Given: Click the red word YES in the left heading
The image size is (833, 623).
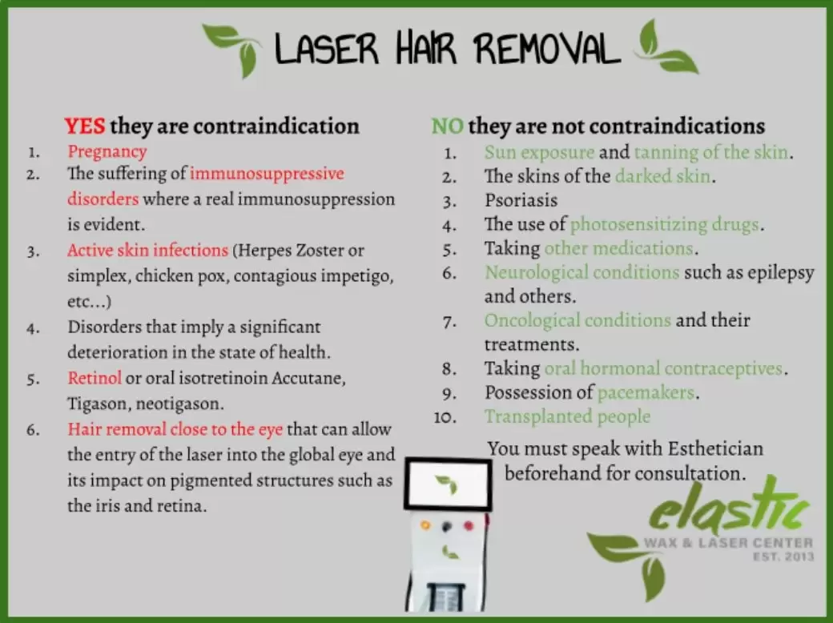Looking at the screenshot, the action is point(84,126).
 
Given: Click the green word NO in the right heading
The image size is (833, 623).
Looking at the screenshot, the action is point(447,127).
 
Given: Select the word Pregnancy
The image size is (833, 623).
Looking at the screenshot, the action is point(107,152).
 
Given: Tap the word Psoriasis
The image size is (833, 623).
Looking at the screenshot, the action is point(521,200).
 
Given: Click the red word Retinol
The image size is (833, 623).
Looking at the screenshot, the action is point(95,378).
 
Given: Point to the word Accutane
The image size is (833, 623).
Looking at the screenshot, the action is point(308,378).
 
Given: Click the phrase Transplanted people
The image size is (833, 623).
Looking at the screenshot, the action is point(567,417).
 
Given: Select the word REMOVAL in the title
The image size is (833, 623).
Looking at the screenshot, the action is point(547,48).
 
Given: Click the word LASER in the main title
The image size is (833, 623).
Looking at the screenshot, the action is point(326,48).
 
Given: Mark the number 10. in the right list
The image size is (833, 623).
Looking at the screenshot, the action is point(445,417).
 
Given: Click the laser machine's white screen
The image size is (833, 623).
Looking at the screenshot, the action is point(447,484).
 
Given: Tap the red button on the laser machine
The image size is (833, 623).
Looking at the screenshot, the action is point(469,526).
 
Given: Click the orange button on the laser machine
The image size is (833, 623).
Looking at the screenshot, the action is point(425,525).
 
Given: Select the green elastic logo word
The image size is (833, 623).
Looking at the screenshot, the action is point(729,507).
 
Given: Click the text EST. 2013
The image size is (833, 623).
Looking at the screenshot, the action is point(783,557).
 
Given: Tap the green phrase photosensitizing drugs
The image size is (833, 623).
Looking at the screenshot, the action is point(665,225).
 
